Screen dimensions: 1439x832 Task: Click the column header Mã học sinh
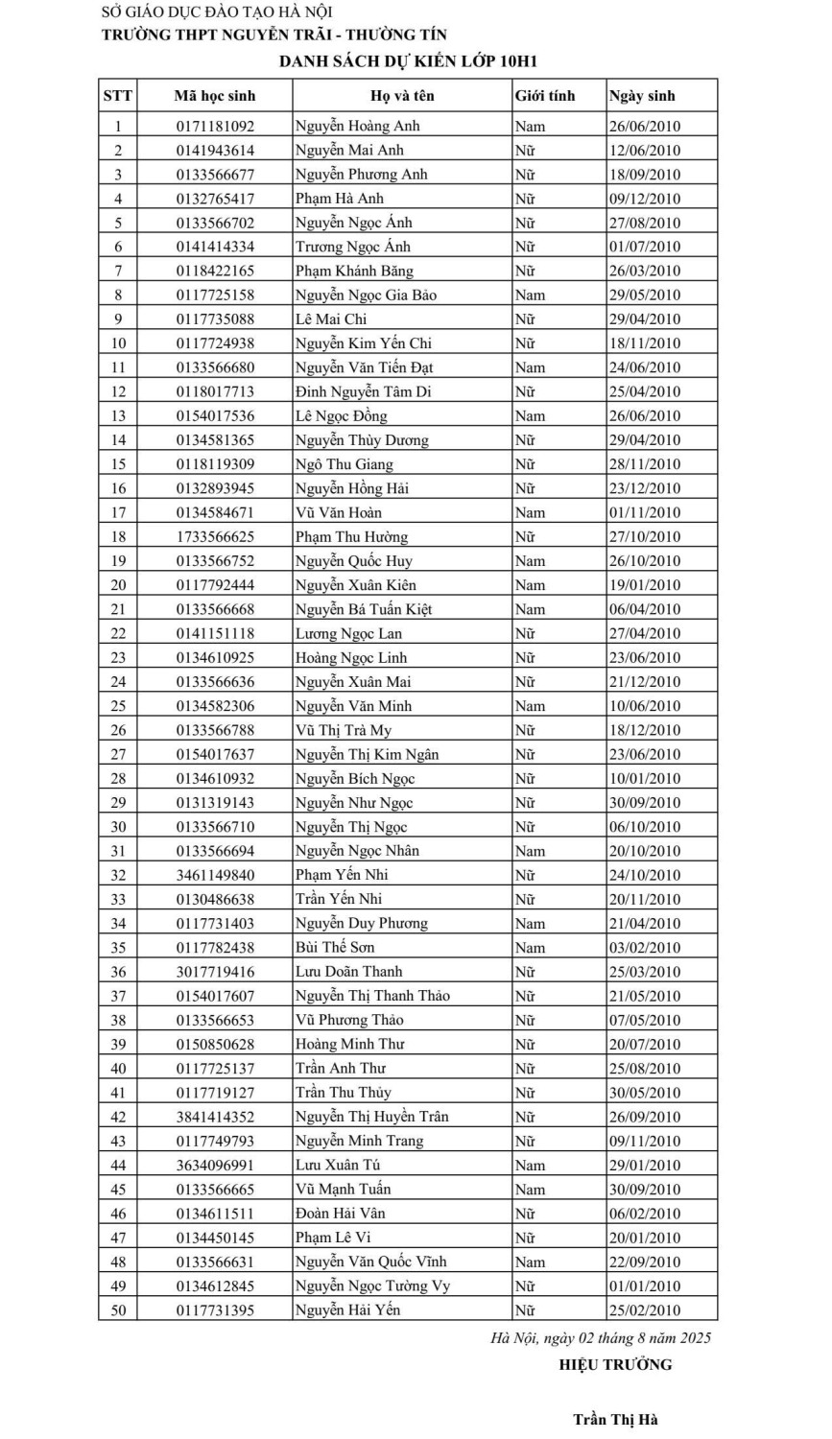214,96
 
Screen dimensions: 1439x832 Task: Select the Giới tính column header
544,96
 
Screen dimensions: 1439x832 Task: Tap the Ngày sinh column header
642,96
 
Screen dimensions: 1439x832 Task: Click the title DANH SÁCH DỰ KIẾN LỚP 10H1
408,61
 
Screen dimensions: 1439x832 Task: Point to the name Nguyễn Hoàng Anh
357,126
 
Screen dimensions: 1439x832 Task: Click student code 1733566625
215,537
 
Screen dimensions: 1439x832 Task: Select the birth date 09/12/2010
644,199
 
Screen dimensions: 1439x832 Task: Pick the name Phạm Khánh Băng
354,271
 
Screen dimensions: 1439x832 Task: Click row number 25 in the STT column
118,706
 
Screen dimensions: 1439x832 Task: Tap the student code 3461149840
215,875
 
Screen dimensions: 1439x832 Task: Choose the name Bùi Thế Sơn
335,947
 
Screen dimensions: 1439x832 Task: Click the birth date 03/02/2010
644,947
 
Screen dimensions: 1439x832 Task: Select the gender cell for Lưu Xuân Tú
530,1165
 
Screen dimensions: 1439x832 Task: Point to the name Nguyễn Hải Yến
347,1309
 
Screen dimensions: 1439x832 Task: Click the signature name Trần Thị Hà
615,1420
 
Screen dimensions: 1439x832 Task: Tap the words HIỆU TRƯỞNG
615,1364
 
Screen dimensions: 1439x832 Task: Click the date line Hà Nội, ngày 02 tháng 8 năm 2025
601,1337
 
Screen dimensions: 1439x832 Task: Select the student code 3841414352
215,1117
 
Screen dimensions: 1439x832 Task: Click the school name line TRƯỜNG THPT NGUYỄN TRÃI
274,35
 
